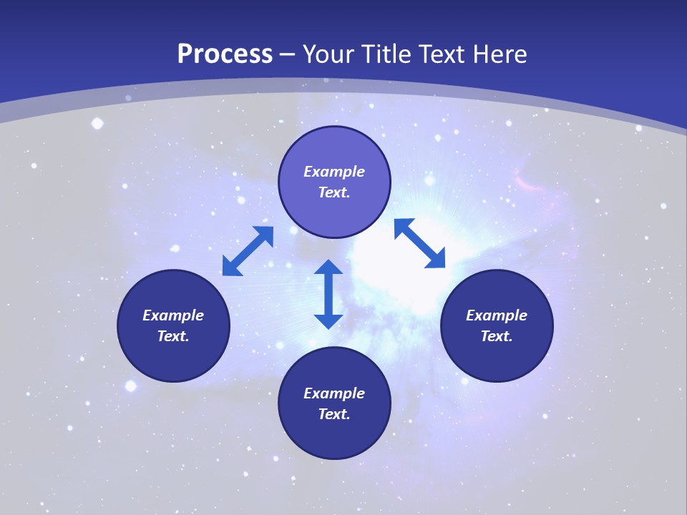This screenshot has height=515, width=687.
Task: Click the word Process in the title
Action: coord(225,54)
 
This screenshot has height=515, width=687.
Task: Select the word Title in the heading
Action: coord(387,54)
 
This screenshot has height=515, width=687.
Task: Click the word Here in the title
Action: coord(503,54)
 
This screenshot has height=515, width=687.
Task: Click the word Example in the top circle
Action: coord(334,172)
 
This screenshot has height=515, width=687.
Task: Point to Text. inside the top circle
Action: coord(334,192)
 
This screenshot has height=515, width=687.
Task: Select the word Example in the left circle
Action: coord(173,315)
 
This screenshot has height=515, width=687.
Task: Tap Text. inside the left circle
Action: coord(173,336)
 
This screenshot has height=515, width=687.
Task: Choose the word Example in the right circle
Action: coord(497,315)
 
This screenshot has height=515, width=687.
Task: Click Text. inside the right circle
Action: coord(497,336)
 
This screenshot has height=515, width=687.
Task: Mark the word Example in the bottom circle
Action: coord(334,393)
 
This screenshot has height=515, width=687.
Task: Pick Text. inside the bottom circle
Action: coord(334,414)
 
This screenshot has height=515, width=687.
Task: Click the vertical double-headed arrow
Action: coord(328,294)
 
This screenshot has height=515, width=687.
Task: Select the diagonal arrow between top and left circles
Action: coord(248,251)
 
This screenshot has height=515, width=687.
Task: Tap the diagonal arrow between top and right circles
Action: coord(419,243)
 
